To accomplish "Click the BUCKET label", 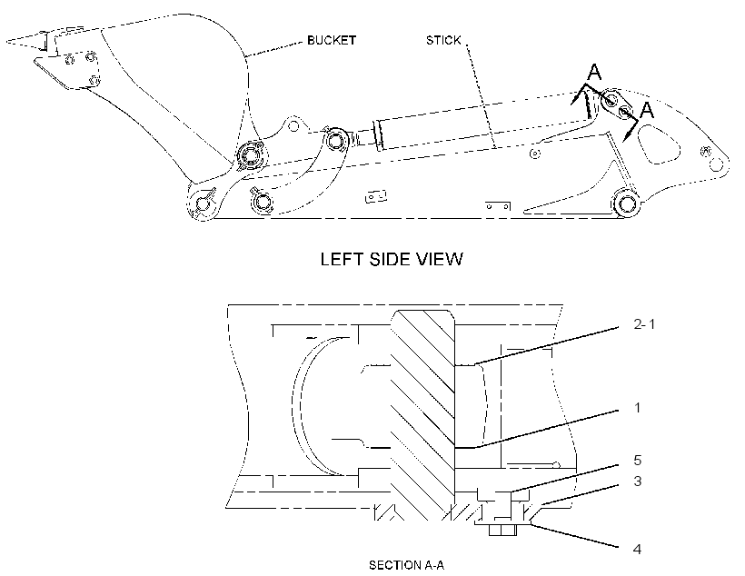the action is (332, 40).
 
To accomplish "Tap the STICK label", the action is (443, 40).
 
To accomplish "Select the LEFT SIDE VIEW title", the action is (392, 259).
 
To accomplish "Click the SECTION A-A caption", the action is (407, 565).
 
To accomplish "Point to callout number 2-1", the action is (644, 324).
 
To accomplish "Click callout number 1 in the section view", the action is (637, 408).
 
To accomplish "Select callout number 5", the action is (638, 460).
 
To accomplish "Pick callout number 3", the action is (638, 481).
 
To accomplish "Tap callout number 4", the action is (638, 550).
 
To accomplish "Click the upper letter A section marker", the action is (594, 72).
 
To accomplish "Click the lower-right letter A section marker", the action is (647, 110).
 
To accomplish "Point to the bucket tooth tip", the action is (7, 42).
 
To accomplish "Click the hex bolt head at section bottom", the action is (502, 530).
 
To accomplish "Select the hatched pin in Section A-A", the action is (422, 414).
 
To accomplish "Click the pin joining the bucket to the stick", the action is (250, 155).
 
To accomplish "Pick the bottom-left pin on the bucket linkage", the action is (204, 204).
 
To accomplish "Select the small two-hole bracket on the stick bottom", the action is (498, 206).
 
